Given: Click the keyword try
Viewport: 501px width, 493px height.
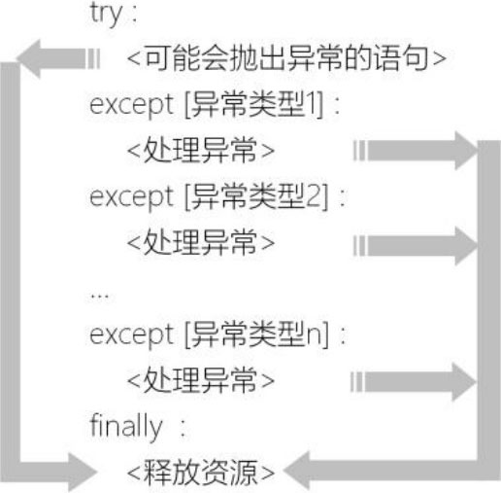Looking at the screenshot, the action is [x=106, y=15].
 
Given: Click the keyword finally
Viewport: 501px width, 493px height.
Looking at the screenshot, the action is [x=125, y=426].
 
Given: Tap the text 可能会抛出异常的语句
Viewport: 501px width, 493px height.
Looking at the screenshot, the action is [x=286, y=58].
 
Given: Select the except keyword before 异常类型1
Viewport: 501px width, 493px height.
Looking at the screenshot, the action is [x=131, y=106].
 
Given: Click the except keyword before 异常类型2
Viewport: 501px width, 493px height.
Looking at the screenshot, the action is [x=131, y=198].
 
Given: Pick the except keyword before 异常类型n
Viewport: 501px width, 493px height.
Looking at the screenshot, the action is [x=131, y=335].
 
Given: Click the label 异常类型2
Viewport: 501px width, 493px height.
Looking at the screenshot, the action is [x=255, y=196].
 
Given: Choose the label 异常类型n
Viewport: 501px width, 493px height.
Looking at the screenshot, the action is [x=255, y=334].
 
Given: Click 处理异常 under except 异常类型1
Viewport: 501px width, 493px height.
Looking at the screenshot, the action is [x=201, y=150].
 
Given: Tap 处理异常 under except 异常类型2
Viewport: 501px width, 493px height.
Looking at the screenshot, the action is [x=201, y=242].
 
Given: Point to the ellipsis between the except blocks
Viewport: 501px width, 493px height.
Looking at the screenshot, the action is [x=100, y=296].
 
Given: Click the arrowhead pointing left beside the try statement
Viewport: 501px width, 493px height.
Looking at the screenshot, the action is [x=28, y=58].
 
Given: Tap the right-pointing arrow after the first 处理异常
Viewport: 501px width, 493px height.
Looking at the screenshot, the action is [x=415, y=151].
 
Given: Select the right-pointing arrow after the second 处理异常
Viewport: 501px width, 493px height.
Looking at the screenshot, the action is [x=415, y=245].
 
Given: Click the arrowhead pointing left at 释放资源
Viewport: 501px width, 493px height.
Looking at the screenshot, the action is [x=297, y=471].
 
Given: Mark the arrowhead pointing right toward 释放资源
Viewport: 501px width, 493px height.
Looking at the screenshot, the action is [x=83, y=473].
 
